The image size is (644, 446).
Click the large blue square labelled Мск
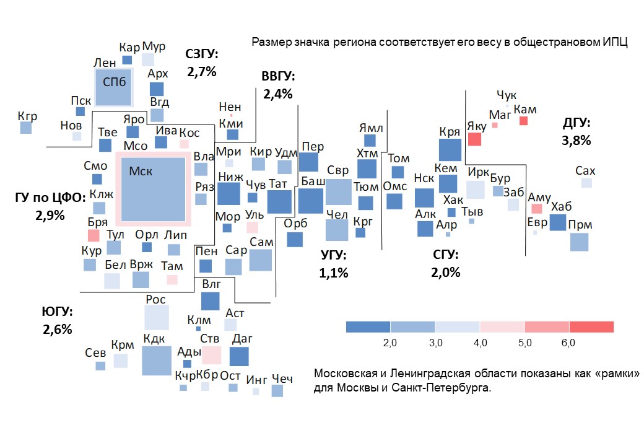pos(154,189)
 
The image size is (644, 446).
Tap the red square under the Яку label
pos(474,139)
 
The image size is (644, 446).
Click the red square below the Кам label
pos(523,121)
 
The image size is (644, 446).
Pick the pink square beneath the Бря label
pos(94,235)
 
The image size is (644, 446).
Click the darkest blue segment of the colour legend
pos(368,327)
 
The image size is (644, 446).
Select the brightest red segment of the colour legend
pos(591,327)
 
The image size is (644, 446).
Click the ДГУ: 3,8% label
pos(576,132)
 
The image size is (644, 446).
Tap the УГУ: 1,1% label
pos(334,264)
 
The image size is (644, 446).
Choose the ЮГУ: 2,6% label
pos(58,320)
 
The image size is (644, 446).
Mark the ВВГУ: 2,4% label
pos(277,85)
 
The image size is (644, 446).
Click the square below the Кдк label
pos(156,361)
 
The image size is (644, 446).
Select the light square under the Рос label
pos(157,317)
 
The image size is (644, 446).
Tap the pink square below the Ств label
pos(211,355)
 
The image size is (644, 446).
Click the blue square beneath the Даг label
pos(238,357)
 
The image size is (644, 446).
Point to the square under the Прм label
pos(579,242)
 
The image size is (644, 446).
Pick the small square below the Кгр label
pos(26,128)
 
